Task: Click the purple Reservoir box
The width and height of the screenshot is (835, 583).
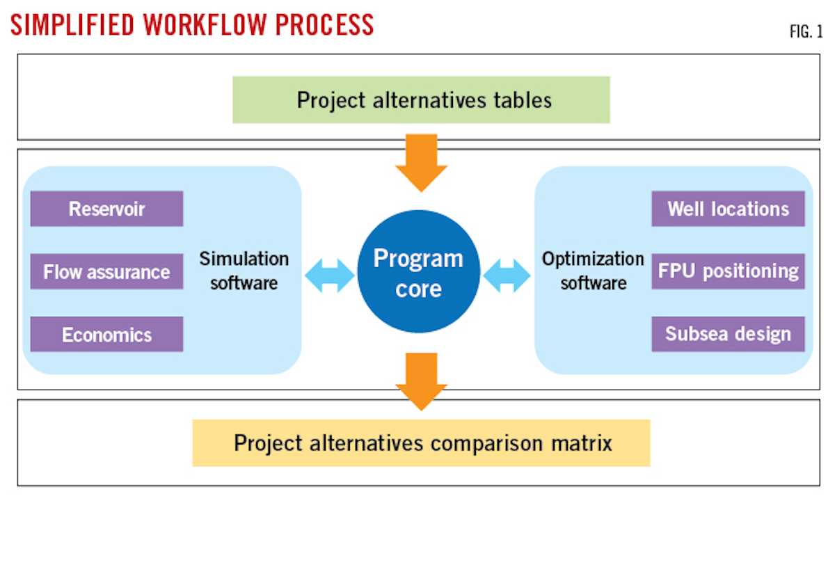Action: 106,209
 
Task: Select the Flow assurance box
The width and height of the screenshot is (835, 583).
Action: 106,271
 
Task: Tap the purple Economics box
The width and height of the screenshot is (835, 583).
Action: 106,335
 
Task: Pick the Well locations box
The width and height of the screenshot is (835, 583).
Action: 728,209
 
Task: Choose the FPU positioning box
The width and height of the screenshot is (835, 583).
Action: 728,271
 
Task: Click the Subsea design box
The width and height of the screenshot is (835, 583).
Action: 728,334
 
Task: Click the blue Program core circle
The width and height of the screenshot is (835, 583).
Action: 418,271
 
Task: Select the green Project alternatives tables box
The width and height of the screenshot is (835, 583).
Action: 421,99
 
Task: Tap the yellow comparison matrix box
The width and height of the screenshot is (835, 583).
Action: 421,442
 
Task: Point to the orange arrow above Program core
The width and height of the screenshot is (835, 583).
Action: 420,162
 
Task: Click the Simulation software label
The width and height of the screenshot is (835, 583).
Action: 244,271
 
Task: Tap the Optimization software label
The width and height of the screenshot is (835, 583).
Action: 593,271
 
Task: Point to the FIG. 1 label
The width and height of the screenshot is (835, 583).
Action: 805,32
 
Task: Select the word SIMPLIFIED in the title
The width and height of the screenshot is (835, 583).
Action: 72,24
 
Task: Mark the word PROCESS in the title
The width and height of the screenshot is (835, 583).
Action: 326,24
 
